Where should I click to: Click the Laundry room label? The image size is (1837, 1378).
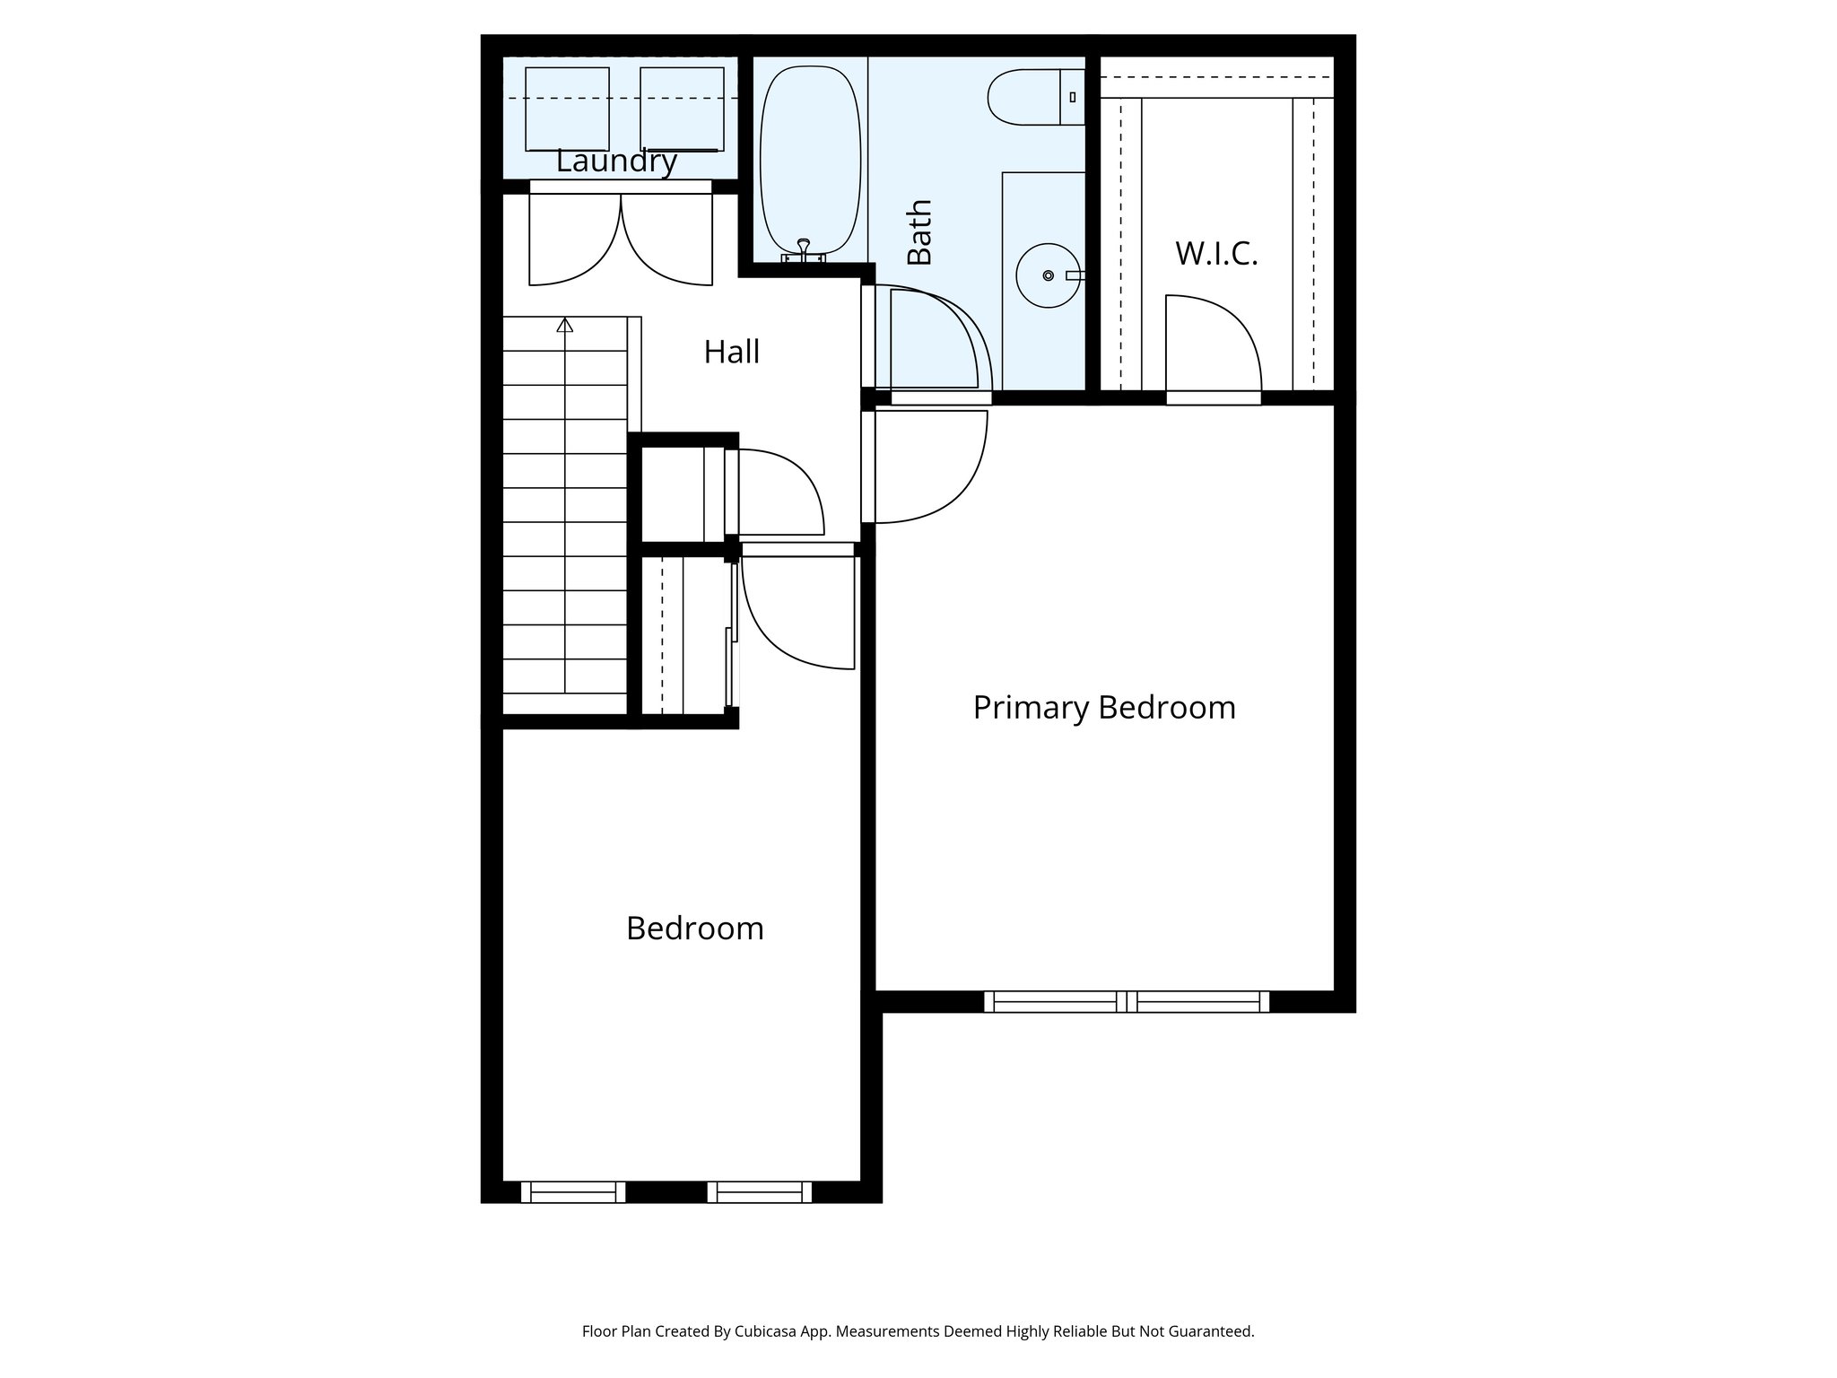(x=616, y=161)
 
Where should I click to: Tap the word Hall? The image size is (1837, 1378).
(x=731, y=352)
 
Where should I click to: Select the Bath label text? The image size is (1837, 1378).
(x=920, y=232)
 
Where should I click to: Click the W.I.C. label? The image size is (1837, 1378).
(x=1216, y=254)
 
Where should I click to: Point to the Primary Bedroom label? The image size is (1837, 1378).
(x=1104, y=708)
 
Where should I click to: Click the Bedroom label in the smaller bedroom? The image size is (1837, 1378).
(x=695, y=929)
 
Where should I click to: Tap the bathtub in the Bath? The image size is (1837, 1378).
(x=810, y=157)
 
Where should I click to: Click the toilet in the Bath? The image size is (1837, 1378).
(x=1032, y=97)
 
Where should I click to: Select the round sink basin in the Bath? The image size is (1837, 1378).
(x=1048, y=275)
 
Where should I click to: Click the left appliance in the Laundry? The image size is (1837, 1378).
(x=567, y=108)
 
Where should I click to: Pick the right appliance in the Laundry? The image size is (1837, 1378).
(x=682, y=108)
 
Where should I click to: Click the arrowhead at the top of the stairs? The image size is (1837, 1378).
(x=564, y=325)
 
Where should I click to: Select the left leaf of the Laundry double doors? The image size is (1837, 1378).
(x=574, y=238)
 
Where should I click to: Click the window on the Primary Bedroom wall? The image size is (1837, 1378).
(x=1127, y=1001)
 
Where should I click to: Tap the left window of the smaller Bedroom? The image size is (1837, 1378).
(x=573, y=1191)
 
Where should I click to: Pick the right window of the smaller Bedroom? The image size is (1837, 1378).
(x=760, y=1191)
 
